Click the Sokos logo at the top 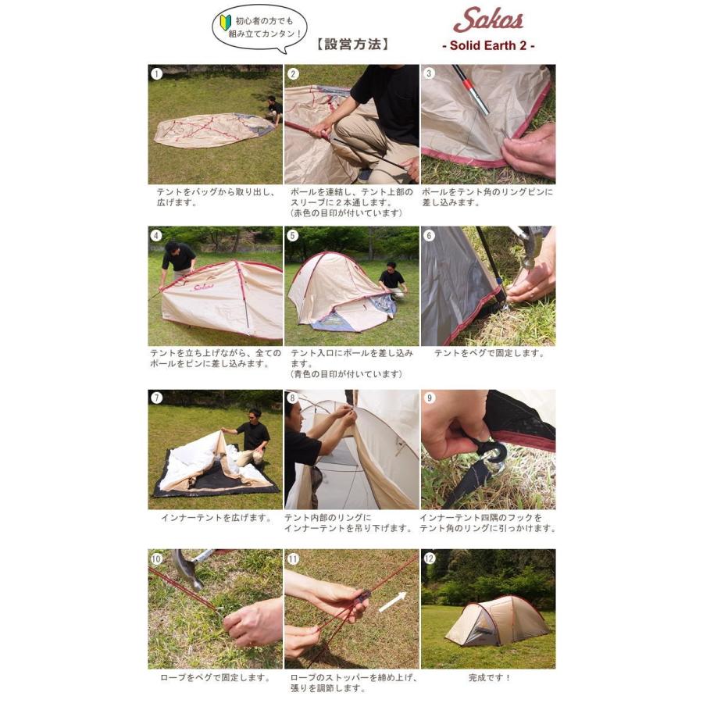pyautogui.click(x=488, y=20)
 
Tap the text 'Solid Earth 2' pyautogui.click(x=488, y=45)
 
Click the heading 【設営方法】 pyautogui.click(x=352, y=44)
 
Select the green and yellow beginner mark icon pyautogui.click(x=225, y=21)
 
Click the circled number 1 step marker pyautogui.click(x=156, y=73)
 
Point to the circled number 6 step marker pyautogui.click(x=429, y=235)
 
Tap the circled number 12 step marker pyautogui.click(x=429, y=558)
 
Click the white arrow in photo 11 pyautogui.click(x=393, y=601)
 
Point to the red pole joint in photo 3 pyautogui.click(x=467, y=84)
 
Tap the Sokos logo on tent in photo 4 pyautogui.click(x=204, y=287)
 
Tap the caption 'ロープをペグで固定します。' pyautogui.click(x=216, y=677)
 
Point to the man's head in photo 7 pyautogui.click(x=255, y=414)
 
